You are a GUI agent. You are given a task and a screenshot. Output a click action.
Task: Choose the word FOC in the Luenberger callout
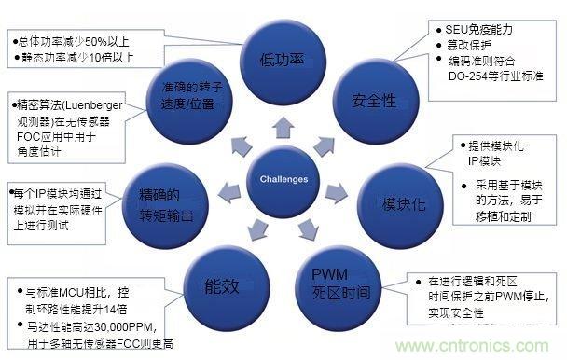click(28, 133)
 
